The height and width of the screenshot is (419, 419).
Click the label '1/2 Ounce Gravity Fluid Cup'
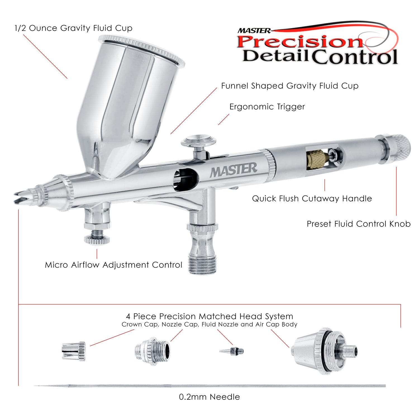coord(73,28)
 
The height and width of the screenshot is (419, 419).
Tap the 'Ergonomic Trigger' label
coord(267,107)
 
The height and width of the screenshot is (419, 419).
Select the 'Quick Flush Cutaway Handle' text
coord(312,199)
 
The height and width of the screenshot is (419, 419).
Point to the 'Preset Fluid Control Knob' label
coord(359,224)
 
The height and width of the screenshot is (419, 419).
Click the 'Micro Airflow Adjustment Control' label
coord(114,265)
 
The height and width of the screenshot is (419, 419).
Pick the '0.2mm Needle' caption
coord(209,397)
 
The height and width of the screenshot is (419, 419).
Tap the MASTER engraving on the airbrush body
coord(233,170)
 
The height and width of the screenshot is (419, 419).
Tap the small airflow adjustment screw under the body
coord(97,235)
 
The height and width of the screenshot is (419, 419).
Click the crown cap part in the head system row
coord(74,351)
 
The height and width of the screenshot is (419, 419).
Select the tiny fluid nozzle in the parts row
coord(232,351)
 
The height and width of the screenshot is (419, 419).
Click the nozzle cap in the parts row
coord(153,351)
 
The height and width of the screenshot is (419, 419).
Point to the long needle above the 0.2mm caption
coord(209,386)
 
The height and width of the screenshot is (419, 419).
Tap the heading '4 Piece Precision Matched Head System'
coord(209,316)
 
